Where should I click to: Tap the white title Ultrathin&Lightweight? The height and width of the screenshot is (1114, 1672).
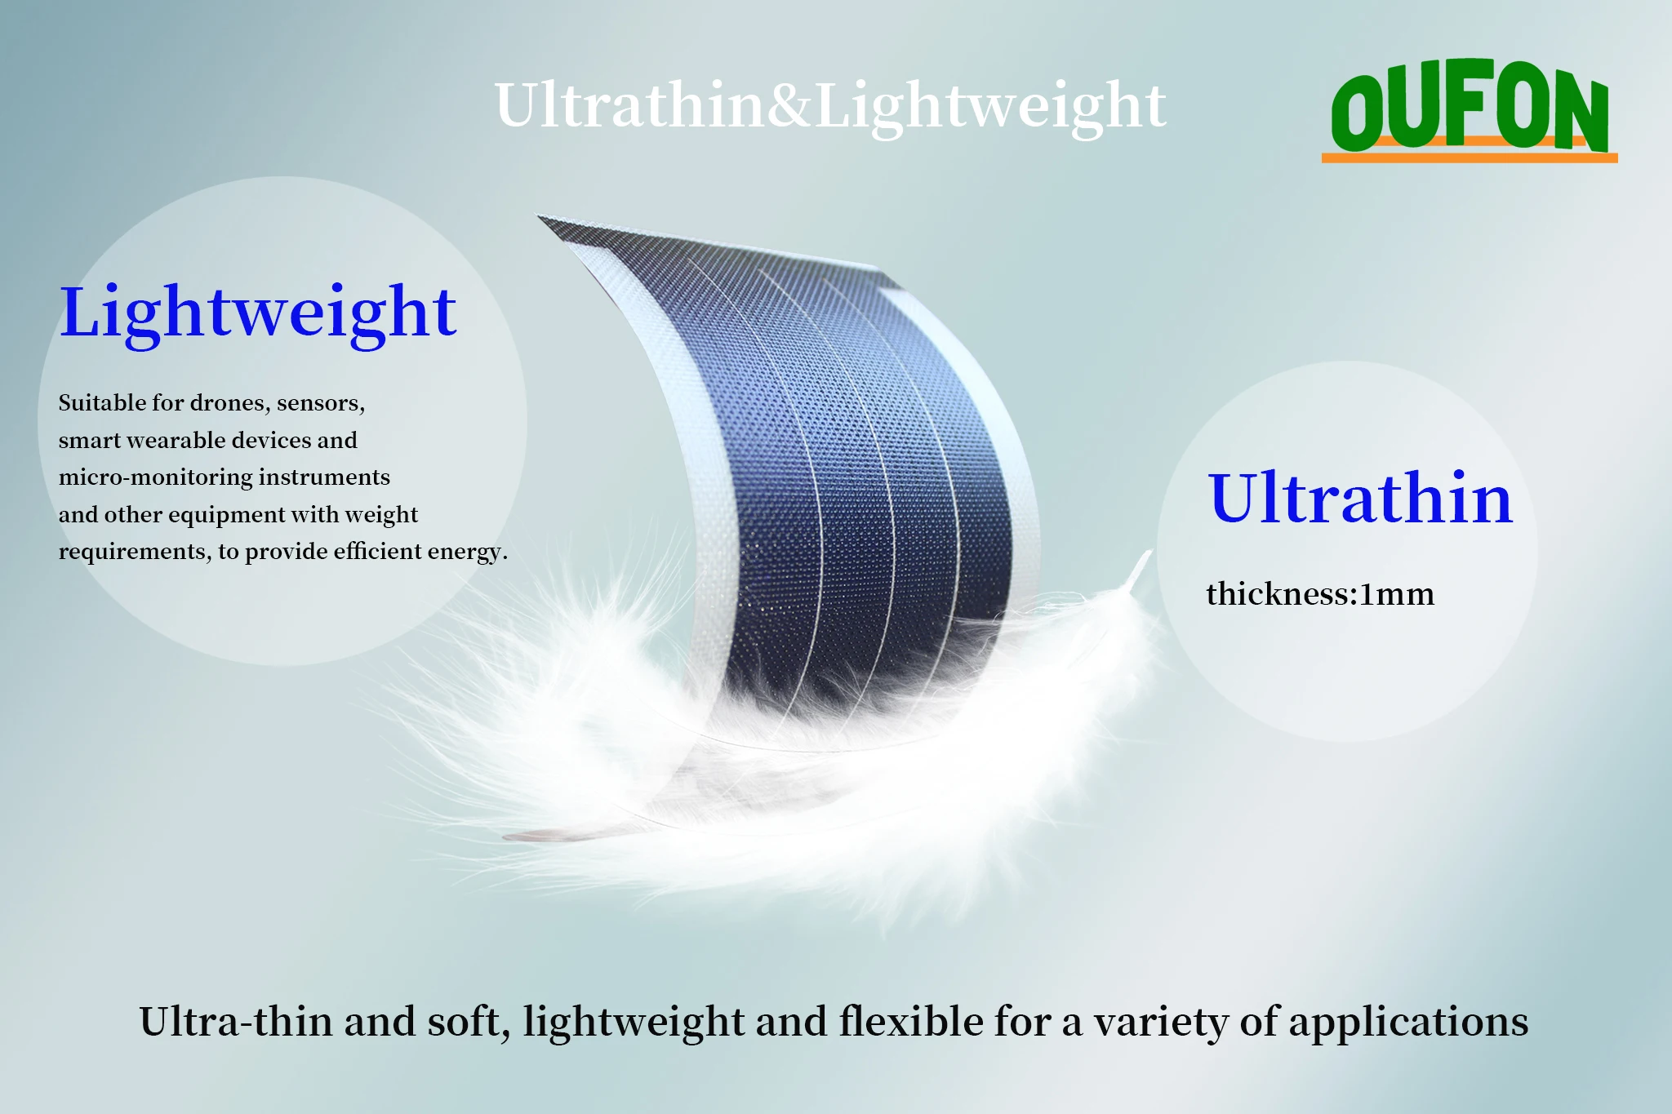(x=830, y=106)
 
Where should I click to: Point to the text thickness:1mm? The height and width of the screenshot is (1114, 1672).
(x=1320, y=594)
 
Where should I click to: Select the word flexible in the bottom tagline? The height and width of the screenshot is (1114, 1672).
(x=911, y=1022)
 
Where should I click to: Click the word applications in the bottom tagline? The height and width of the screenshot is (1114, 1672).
(x=1408, y=1023)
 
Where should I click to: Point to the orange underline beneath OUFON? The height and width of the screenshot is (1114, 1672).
(x=1470, y=157)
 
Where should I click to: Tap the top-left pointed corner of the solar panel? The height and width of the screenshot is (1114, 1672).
(x=538, y=216)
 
